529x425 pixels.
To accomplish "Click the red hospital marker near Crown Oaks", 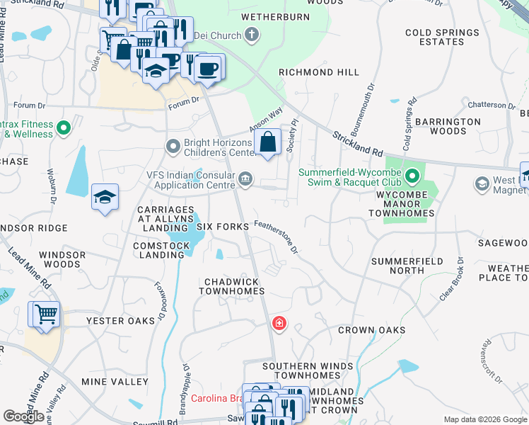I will coord(280,324).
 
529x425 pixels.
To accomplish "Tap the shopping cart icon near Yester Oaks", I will coord(45,313).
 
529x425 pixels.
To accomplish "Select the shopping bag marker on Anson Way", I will coord(269,142).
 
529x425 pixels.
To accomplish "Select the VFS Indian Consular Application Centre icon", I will coord(245,178).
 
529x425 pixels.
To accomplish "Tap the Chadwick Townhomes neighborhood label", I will coord(234,286).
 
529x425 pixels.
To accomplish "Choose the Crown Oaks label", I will coord(371,330).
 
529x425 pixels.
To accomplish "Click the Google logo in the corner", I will coord(24,416).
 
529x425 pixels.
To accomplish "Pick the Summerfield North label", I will coord(407,266).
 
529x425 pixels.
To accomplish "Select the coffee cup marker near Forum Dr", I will coord(208,69).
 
